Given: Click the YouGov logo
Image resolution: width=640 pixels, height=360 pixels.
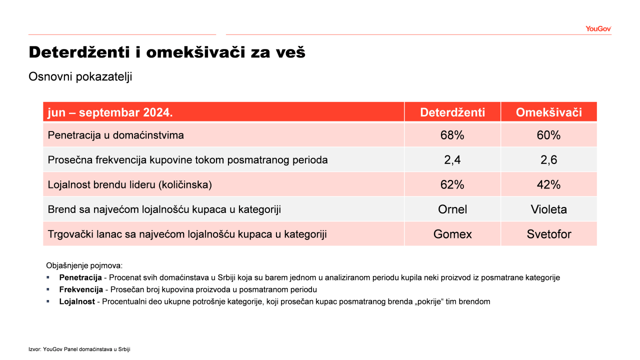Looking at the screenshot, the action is coord(598,29).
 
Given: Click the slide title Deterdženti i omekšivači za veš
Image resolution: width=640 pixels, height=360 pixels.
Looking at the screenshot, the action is coord(167,52).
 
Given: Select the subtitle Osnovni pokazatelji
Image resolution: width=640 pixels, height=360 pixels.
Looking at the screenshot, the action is coord(80,77).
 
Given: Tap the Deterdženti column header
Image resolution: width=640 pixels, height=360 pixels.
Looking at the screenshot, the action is coord(452,112).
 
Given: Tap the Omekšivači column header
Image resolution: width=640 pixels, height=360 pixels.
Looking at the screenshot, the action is coord(549,112).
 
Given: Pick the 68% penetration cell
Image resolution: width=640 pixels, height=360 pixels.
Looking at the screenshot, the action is coord(452,135).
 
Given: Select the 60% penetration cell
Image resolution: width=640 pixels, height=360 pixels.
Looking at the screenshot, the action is coord(548,135).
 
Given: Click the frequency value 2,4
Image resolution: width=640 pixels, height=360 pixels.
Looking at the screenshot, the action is coord(452,160).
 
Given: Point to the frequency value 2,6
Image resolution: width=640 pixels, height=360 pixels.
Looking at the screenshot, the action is coord(548,160).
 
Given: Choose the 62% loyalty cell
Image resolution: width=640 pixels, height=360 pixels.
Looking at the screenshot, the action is coord(452,185).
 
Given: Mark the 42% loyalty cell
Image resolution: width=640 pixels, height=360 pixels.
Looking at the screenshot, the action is coord(548,185).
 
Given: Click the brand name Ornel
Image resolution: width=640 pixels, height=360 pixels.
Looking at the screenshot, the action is coord(452,209).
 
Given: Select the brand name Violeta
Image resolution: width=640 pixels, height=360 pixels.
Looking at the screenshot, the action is coord(549,209).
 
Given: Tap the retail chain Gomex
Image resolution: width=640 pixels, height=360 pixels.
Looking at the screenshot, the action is coord(452,234).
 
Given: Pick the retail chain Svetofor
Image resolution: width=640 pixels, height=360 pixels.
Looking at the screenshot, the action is coord(549,234).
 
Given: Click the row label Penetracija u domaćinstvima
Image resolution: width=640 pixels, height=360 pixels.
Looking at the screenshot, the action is coord(115,135).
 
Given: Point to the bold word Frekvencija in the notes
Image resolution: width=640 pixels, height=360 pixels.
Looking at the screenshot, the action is coord(81,289).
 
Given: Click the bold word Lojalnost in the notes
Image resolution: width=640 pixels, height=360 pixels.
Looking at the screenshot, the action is coord(77,301).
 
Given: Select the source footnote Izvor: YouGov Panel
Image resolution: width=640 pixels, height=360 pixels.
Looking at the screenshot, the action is coord(79,349).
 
